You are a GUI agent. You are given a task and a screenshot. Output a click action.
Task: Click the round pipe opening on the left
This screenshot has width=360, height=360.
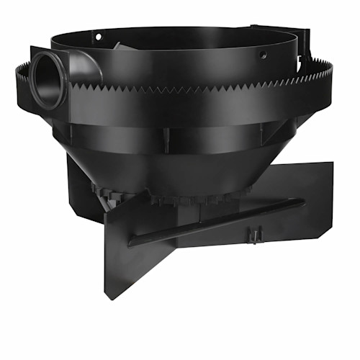[x=48, y=81]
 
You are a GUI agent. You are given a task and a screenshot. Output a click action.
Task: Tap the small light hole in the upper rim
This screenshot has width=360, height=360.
[x=98, y=36]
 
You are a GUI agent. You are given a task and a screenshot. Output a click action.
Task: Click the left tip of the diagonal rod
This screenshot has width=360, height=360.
[x=132, y=243]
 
